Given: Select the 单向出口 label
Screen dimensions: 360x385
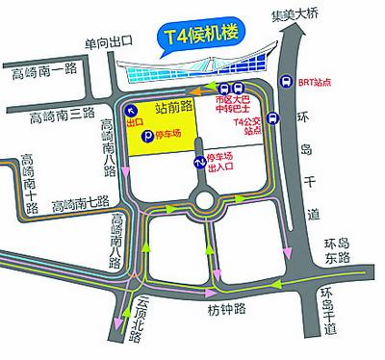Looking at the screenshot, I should pyautogui.click(x=107, y=44).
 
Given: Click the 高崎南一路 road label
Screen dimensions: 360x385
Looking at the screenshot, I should pyautogui.click(x=41, y=70).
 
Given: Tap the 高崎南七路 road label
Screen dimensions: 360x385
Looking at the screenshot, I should pyautogui.click(x=83, y=204).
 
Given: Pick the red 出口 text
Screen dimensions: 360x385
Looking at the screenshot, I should pyautogui.click(x=135, y=124).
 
